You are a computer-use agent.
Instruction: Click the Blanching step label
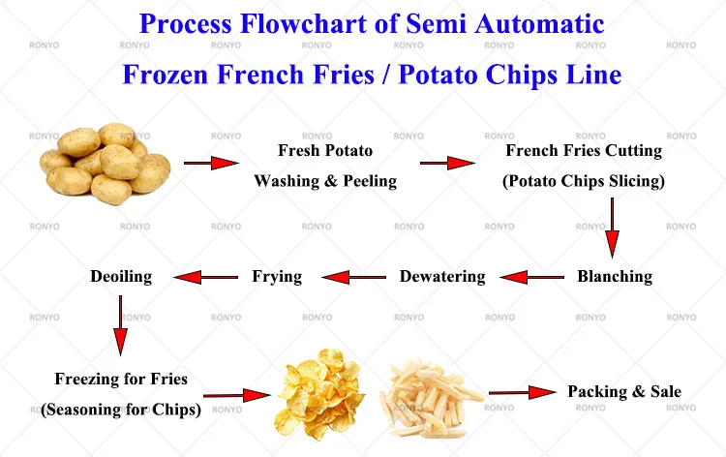click(615, 276)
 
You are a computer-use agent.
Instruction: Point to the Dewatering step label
click(442, 276)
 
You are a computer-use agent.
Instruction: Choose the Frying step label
click(277, 276)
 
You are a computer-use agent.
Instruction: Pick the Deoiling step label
click(121, 276)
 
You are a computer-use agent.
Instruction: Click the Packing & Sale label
click(624, 391)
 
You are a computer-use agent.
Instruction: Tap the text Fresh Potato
click(325, 150)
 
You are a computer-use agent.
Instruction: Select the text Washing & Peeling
click(325, 181)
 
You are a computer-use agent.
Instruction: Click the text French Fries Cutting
click(584, 150)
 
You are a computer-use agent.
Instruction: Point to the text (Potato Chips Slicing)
click(584, 181)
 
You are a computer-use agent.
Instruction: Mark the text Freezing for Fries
click(121, 379)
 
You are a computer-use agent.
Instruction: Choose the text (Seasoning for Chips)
click(121, 409)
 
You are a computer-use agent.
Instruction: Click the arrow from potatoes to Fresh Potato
click(211, 164)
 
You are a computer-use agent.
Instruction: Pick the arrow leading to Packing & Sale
click(522, 392)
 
